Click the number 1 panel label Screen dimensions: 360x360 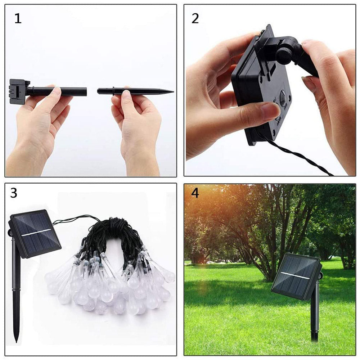pos(18,18)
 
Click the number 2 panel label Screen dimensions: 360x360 pos(195,18)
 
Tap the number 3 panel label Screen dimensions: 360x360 pos(14,193)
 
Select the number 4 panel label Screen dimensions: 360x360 pos(195,193)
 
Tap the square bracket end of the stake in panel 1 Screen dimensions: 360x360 pos(17,91)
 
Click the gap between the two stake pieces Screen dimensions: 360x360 pos(92,91)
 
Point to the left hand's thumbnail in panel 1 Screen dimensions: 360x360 pos(56,91)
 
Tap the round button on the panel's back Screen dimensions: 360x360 pos(283,98)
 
